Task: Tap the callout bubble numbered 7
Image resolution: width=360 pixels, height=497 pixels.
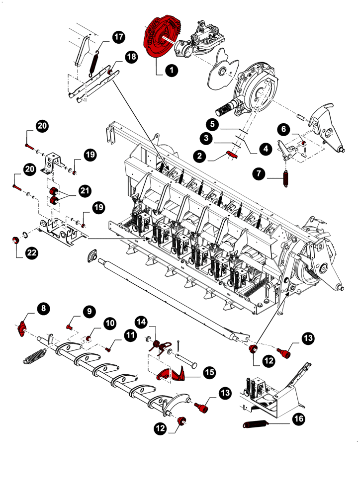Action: [x=259, y=174]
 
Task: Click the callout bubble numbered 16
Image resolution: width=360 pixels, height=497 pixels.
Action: [x=298, y=420]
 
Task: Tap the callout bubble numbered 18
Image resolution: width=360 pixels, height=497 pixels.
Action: [x=131, y=58]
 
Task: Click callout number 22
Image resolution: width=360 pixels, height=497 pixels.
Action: [x=32, y=253]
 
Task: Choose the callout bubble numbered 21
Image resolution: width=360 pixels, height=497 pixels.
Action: [x=85, y=191]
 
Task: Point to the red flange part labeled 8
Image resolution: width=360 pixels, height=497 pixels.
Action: [x=22, y=329]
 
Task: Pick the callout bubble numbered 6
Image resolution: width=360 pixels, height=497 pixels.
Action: [x=284, y=129]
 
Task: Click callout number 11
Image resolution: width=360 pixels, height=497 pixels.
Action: [x=130, y=336]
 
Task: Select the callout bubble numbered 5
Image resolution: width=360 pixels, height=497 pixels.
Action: [x=212, y=123]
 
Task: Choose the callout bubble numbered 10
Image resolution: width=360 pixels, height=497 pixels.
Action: [x=109, y=324]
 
